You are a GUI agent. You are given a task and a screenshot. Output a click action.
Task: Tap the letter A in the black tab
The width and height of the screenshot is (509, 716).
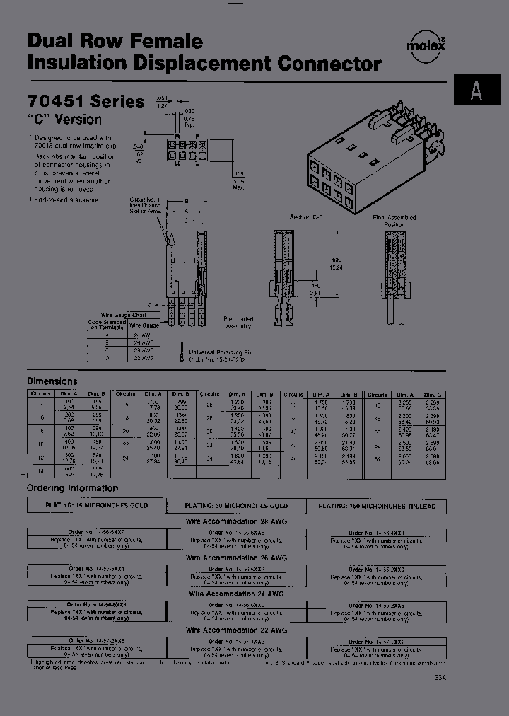(x=477, y=92)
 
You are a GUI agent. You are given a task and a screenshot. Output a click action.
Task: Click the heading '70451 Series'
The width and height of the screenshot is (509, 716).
(x=86, y=102)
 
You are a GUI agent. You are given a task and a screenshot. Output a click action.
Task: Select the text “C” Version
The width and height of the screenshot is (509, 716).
(x=64, y=119)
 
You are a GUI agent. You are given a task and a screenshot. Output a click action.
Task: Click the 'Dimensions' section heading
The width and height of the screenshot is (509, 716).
(x=52, y=381)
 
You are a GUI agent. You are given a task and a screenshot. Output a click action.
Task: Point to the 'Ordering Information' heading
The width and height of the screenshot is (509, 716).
(x=72, y=488)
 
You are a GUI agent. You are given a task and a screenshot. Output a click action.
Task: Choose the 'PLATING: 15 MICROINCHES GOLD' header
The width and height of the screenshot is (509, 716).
(x=96, y=506)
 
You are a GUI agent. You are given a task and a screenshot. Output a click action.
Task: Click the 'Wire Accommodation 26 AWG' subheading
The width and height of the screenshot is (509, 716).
(x=236, y=558)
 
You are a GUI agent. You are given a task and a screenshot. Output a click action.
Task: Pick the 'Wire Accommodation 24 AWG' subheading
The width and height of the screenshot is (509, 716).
(x=236, y=594)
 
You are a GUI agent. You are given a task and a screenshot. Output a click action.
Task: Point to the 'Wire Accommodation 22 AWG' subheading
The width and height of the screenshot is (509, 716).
(x=236, y=629)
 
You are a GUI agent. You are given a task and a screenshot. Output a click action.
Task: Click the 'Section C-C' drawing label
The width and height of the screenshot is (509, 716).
(x=306, y=218)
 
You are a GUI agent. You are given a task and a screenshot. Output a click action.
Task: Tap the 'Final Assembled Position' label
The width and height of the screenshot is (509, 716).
(x=394, y=221)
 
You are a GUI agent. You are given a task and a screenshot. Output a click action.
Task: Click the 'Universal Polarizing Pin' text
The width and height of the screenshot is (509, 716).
(x=221, y=352)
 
